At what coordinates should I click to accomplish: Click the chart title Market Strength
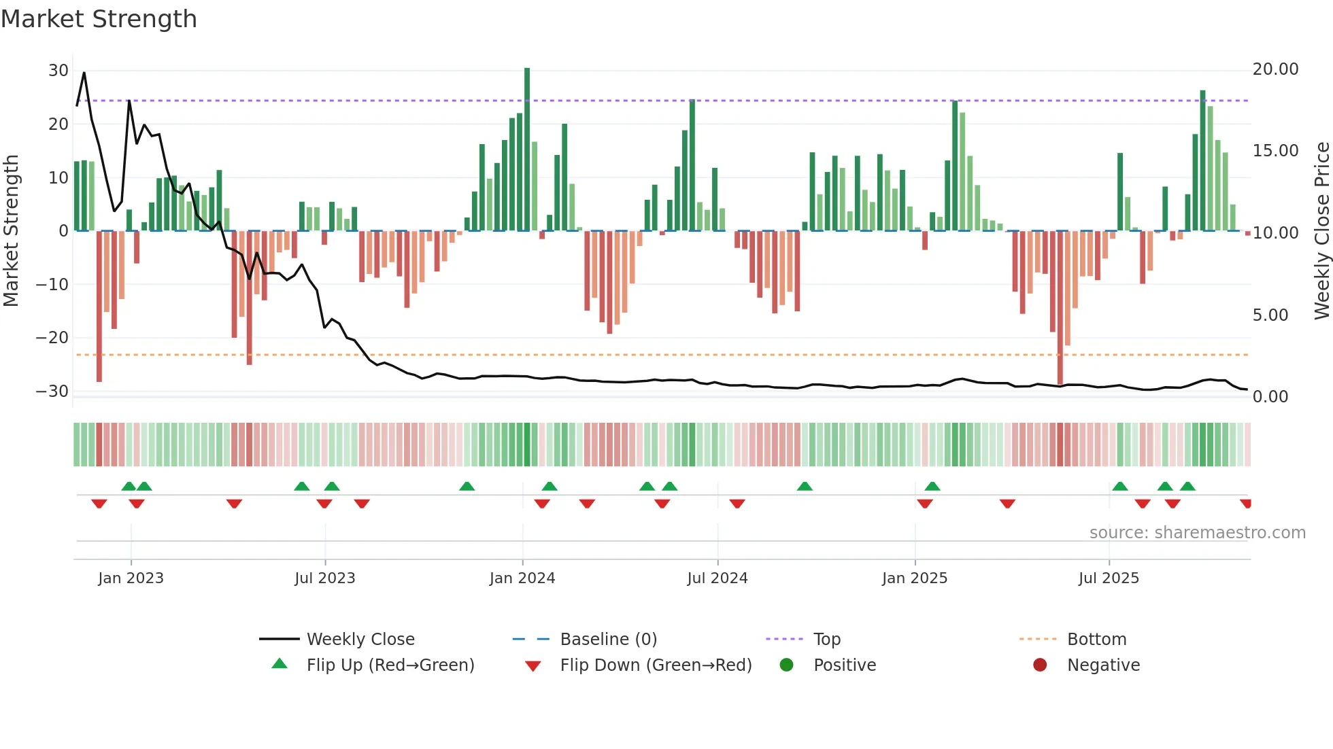[99, 19]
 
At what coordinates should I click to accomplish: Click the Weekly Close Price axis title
[1321, 231]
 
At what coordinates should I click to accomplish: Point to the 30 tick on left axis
[58, 71]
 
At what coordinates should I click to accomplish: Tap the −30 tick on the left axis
[52, 391]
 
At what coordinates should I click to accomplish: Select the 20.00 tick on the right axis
[1275, 69]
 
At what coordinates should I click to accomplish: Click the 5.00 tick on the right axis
[1270, 315]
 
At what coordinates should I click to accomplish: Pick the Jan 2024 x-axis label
[522, 578]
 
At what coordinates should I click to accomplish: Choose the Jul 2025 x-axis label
[1108, 578]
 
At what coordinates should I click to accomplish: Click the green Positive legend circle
[786, 665]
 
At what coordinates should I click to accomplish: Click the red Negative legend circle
[1039, 665]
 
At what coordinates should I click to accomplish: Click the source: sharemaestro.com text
[1197, 533]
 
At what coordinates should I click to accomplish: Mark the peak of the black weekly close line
[84, 73]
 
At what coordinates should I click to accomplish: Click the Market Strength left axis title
[11, 231]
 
